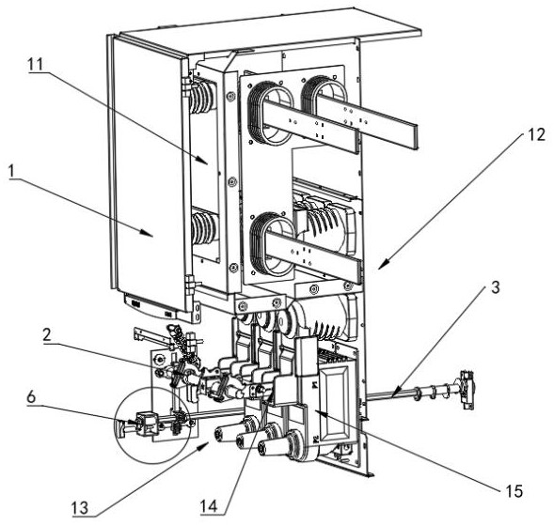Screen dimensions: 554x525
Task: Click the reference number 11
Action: tap(36, 65)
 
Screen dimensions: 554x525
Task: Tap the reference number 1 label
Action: tap(12, 171)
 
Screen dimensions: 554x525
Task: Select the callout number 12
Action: tap(536, 134)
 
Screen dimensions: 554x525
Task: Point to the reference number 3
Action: tap(496, 287)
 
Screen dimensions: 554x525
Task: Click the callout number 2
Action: tap(47, 335)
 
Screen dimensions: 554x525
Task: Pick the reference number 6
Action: tap(31, 397)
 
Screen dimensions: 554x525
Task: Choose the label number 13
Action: tap(80, 508)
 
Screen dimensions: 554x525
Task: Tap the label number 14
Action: tap(209, 506)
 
